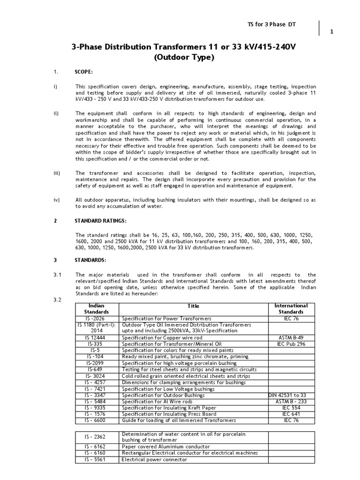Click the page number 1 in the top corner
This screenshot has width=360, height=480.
click(332, 32)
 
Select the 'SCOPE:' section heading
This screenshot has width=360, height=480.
click(84, 72)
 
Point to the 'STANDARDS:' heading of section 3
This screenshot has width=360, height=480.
click(90, 259)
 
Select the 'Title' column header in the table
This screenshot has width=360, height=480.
click(193, 306)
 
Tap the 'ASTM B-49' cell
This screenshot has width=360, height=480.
click(291, 337)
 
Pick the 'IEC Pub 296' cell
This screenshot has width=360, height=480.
click(291, 344)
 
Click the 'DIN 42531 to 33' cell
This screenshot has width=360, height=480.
click(291, 396)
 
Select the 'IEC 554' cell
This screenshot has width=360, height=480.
click(291, 409)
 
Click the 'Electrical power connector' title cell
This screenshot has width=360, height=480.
click(154, 459)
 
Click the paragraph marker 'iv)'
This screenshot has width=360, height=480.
click(57, 199)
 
